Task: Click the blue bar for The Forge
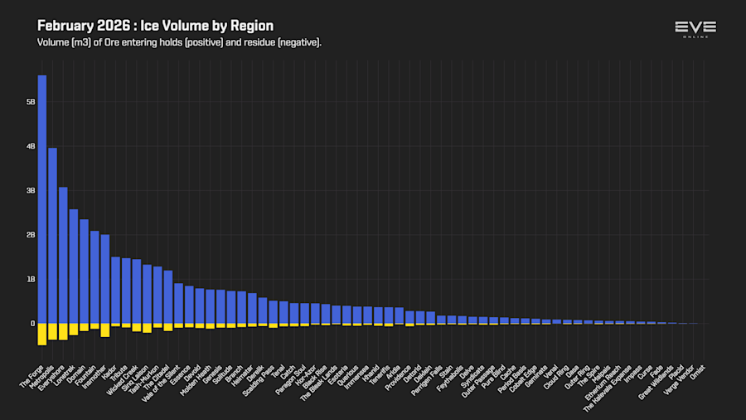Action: (x=42, y=199)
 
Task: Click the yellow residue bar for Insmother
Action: (x=105, y=330)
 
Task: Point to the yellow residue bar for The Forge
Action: (x=42, y=334)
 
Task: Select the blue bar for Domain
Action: (x=84, y=271)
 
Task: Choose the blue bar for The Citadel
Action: (x=168, y=296)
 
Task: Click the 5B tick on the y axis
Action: (x=31, y=102)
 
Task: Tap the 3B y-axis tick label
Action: (x=31, y=191)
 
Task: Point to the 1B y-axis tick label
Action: (x=31, y=280)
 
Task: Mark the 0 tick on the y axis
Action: (x=32, y=324)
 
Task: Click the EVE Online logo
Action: (x=695, y=28)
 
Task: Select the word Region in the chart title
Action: (x=253, y=26)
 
